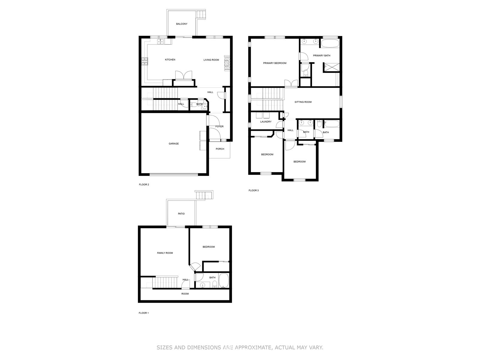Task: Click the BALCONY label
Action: [x=181, y=24]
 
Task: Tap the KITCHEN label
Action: [x=170, y=60]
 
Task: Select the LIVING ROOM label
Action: [x=211, y=60]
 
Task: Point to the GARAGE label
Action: [x=174, y=144]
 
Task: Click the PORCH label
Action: [x=220, y=149]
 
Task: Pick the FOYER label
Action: [x=219, y=126]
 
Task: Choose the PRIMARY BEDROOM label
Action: [x=275, y=63]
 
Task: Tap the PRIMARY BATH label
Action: [x=322, y=55]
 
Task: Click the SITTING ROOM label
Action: [x=303, y=102]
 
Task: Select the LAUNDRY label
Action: [x=266, y=122]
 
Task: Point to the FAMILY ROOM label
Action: [x=165, y=253]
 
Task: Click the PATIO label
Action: [x=181, y=214]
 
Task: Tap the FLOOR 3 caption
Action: [x=253, y=190]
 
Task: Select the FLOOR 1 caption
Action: [x=143, y=313]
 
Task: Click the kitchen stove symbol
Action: [x=145, y=61]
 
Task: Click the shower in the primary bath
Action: [x=332, y=67]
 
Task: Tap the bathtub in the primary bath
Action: [x=330, y=43]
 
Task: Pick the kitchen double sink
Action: [x=160, y=41]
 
